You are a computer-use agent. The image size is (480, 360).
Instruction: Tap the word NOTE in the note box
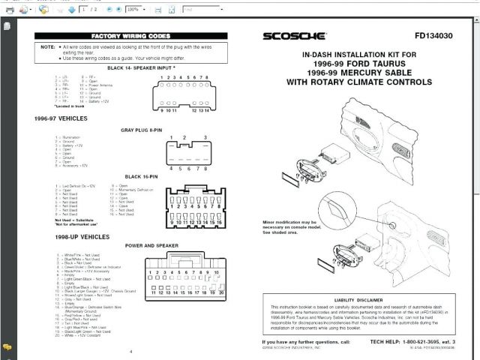[49, 46]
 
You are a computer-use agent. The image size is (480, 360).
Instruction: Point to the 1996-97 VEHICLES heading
[60, 118]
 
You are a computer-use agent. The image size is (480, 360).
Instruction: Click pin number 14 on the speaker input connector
[204, 110]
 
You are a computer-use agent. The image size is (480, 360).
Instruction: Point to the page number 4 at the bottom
[130, 351]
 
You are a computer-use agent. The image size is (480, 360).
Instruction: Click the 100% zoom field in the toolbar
[135, 10]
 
